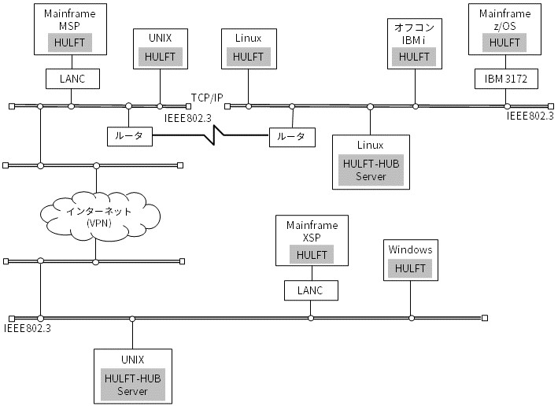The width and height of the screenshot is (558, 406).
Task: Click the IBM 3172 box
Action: point(506,79)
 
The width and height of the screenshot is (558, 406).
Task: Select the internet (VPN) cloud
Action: point(100,216)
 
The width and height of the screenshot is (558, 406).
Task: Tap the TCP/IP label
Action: point(207,98)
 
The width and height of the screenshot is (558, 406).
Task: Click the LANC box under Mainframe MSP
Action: point(72,79)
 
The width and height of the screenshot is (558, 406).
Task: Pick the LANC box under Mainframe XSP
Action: point(311,290)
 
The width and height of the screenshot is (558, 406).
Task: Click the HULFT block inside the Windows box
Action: point(410,268)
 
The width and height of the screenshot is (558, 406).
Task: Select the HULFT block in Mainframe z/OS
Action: point(504,42)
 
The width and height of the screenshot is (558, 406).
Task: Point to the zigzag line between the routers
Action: point(210,135)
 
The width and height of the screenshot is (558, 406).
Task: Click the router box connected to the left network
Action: point(130,136)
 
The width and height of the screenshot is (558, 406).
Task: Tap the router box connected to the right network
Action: point(292,137)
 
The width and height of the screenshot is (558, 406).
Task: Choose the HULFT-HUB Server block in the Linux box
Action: point(371,170)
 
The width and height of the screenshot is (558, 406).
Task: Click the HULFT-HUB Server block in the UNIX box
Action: point(133,385)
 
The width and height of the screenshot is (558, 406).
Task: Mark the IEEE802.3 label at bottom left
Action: point(28,328)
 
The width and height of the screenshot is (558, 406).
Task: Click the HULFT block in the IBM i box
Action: point(414,57)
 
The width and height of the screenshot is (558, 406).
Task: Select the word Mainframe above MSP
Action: point(70,14)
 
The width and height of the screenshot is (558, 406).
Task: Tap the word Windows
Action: point(410,249)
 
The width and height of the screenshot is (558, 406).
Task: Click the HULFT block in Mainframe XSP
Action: point(312,255)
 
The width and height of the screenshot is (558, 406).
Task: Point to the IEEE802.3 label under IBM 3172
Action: point(530,116)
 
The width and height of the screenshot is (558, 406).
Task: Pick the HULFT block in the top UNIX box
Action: point(160,57)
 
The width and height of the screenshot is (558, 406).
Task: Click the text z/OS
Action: point(504,26)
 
